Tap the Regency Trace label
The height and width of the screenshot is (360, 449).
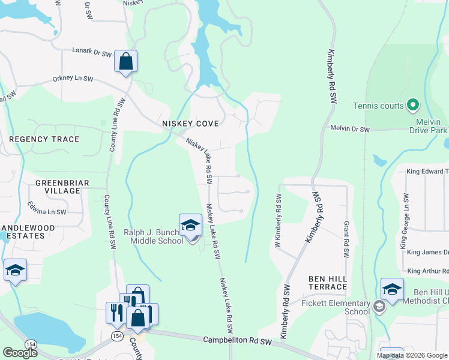click(44, 139)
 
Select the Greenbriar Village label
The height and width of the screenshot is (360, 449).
click(58, 187)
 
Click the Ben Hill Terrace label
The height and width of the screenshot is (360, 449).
click(328, 283)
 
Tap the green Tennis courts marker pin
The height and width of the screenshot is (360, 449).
click(412, 105)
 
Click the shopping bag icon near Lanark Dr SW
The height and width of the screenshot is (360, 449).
click(125, 61)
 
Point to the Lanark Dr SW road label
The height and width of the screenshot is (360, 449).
click(92, 53)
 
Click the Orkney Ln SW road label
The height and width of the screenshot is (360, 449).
click(73, 79)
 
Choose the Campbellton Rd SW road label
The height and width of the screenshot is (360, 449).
click(238, 341)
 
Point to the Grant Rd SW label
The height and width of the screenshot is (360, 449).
click(346, 239)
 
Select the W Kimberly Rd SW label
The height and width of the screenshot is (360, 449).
click(278, 220)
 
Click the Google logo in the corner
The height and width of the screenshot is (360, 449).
click(20, 353)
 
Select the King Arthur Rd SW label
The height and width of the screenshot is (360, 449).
click(427, 271)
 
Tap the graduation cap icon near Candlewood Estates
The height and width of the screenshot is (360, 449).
click(15, 270)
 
